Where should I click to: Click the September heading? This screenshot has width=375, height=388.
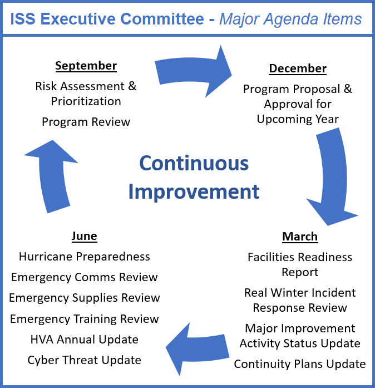click(86, 66)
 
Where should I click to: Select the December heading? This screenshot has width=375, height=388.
click(298, 68)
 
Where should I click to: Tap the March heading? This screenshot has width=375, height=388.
click(300, 237)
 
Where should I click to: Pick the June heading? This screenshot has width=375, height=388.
click(84, 236)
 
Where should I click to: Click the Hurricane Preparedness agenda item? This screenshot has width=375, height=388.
click(85, 257)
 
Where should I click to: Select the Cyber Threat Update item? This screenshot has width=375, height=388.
click(85, 360)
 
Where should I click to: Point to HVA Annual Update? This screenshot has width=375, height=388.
click(85, 339)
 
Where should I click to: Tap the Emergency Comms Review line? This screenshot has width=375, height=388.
click(85, 277)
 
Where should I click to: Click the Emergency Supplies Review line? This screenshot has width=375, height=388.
click(85, 298)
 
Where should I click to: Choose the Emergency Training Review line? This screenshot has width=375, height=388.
click(85, 318)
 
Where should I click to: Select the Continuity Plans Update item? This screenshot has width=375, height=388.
click(300, 364)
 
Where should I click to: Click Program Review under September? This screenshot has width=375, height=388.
click(86, 121)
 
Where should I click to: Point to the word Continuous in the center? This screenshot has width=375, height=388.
click(194, 163)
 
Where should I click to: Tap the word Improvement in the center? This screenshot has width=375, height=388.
click(194, 191)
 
